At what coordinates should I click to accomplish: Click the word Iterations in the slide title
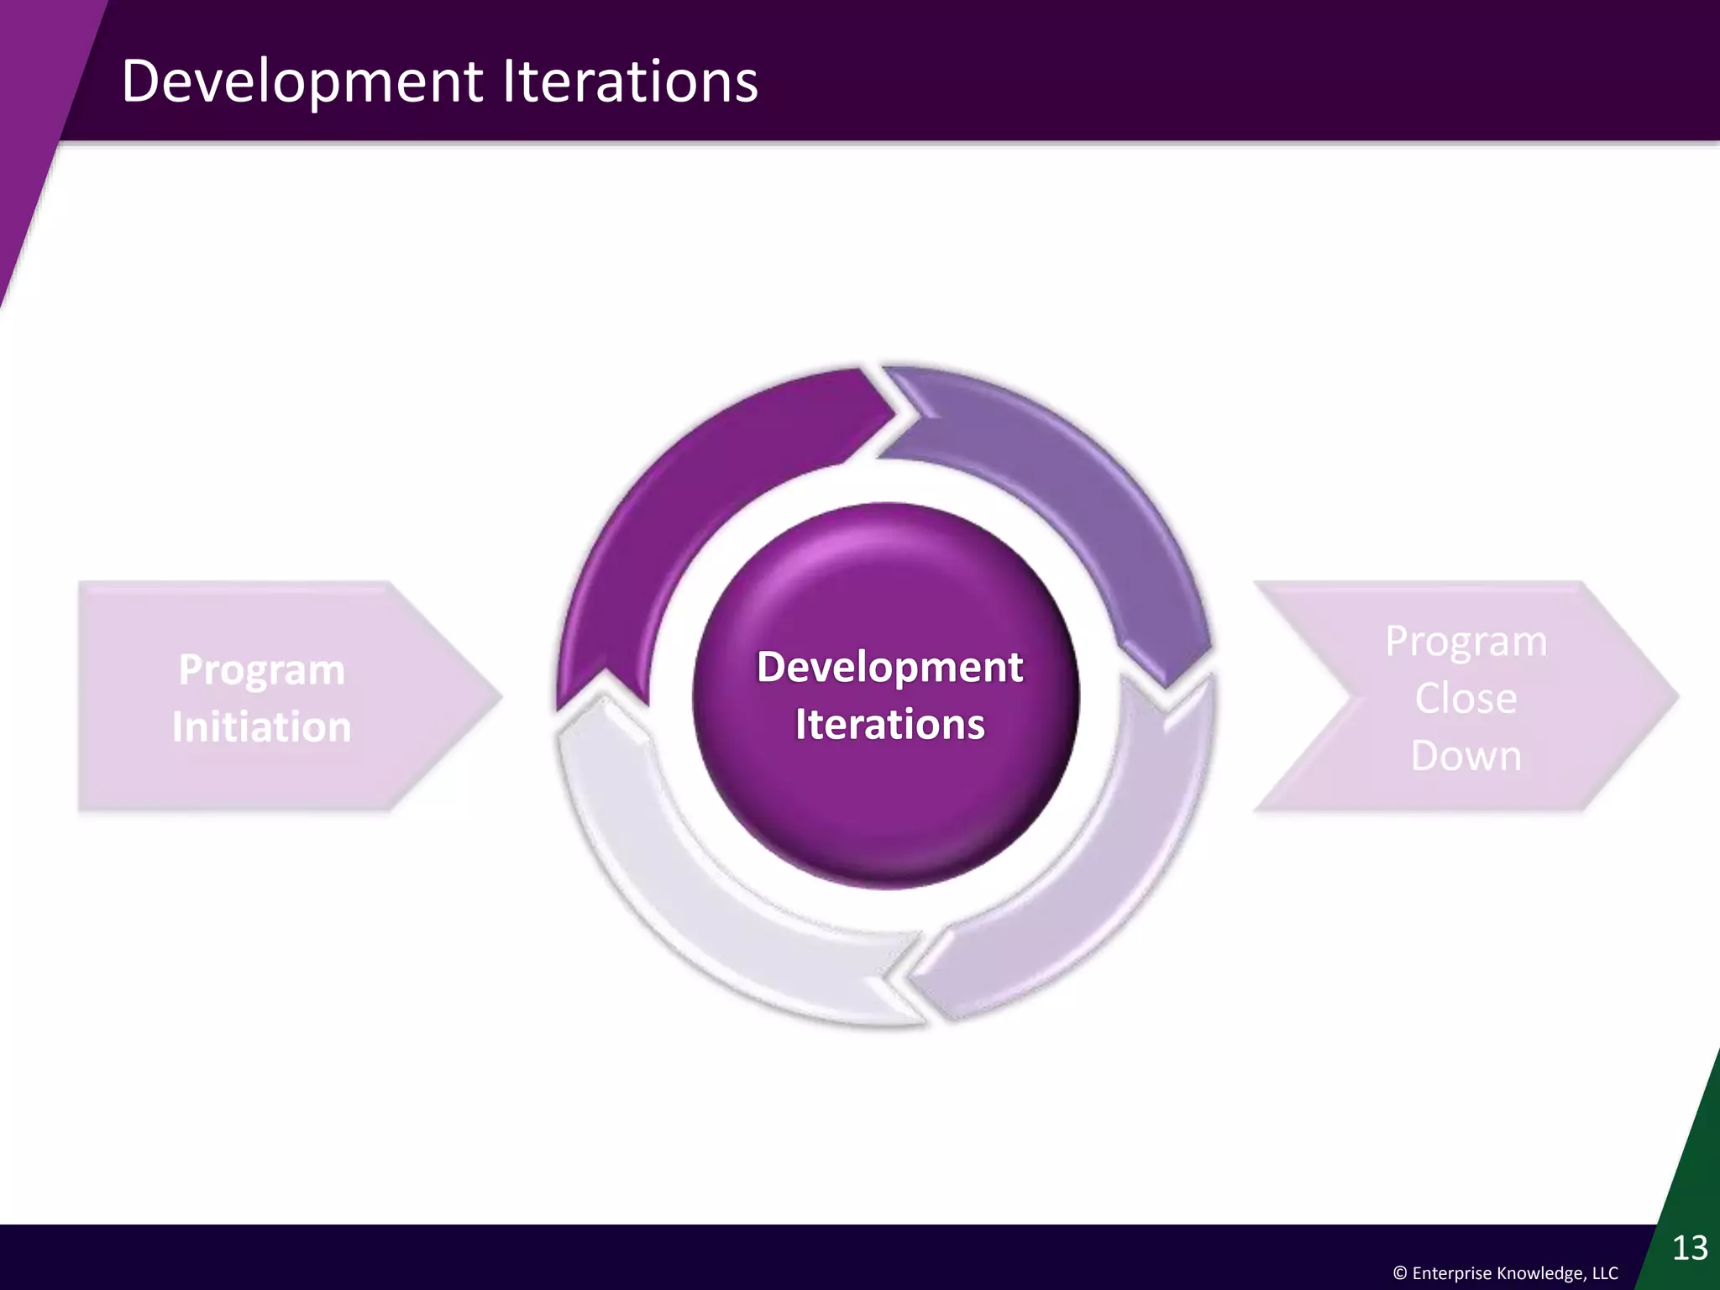tap(630, 81)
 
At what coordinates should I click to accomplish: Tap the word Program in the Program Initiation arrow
tap(261, 670)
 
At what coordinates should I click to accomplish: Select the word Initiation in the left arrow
tap(261, 727)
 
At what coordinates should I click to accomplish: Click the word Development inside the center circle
tap(889, 668)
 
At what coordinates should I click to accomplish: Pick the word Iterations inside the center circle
tap(889, 725)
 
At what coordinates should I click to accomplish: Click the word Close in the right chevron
tap(1466, 699)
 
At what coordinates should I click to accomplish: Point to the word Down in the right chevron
tap(1466, 756)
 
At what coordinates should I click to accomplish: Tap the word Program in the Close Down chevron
tap(1466, 642)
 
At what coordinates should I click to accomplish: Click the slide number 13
tap(1690, 1248)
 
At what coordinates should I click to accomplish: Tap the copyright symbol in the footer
tap(1400, 1273)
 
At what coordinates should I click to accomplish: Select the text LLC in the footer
tap(1604, 1273)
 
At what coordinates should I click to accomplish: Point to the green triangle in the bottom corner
tap(1688, 1176)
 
